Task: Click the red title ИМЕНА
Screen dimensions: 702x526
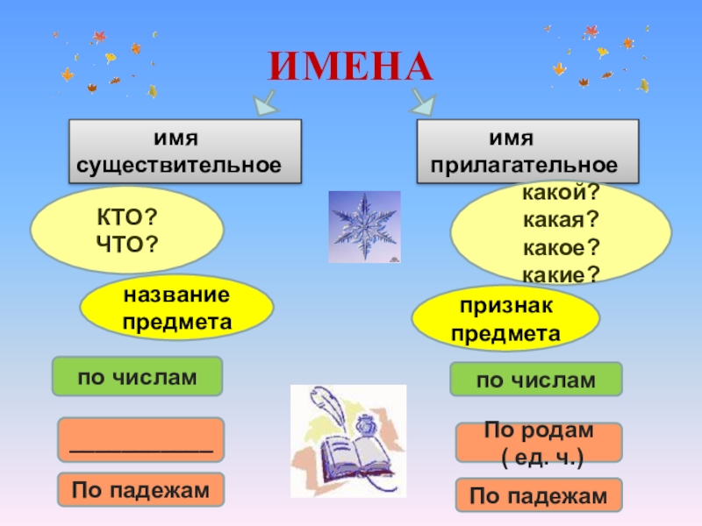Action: pos(351,65)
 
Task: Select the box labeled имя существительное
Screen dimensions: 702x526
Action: pos(185,152)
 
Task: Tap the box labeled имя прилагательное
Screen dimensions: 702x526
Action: pos(526,152)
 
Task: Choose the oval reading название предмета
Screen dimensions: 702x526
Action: pos(176,307)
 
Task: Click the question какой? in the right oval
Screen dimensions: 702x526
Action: pos(561,192)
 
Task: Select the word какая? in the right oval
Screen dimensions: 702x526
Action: pos(561,219)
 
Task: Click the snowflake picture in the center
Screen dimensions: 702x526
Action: pos(364,227)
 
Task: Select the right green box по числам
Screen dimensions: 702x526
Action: pos(535,380)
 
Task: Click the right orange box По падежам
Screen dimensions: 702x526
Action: pos(538,495)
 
